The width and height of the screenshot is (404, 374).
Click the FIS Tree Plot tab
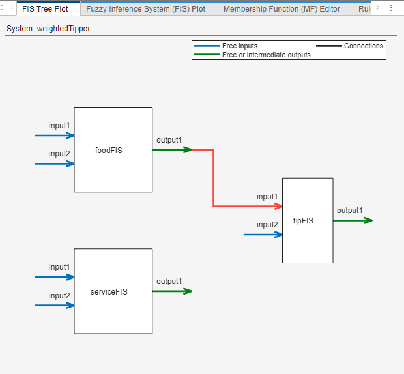coord(45,8)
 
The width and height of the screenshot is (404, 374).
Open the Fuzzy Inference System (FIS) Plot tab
coord(145,8)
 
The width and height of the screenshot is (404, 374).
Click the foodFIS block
coord(113,150)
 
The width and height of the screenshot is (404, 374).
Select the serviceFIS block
coord(113,291)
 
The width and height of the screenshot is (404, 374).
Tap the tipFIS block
coord(307,220)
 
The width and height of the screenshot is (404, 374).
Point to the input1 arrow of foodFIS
coord(55,136)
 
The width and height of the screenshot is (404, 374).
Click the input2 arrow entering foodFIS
coord(55,164)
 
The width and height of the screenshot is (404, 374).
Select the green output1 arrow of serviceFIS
coord(172,291)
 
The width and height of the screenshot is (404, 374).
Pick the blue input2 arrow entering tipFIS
coord(263,235)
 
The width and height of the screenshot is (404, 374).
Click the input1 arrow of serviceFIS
coord(55,277)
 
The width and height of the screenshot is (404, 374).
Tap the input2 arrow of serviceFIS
coord(55,306)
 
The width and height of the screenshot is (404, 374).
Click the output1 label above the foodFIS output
coord(169,140)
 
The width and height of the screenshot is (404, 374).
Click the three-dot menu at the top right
coord(391,8)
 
